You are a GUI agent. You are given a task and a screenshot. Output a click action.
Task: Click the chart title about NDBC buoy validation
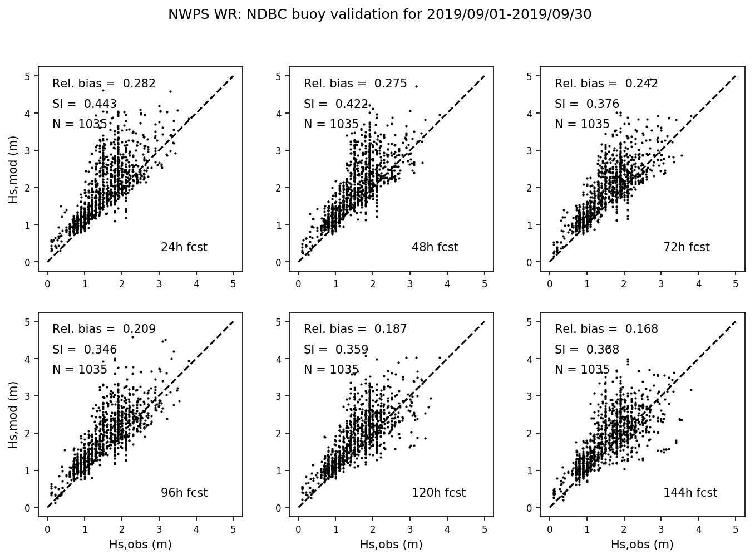379,15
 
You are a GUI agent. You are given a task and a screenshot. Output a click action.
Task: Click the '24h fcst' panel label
184,247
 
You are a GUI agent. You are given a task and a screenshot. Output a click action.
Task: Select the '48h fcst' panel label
435,247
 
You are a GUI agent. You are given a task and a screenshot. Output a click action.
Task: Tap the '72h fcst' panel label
686,247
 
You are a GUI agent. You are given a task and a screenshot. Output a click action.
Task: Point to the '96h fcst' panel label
184,493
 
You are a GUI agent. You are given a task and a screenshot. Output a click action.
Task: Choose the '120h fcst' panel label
438,493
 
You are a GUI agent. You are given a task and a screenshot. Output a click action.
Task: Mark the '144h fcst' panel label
690,493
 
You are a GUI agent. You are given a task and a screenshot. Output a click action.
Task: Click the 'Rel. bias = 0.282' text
104,84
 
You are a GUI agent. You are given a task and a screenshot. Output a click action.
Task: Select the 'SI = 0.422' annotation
336,104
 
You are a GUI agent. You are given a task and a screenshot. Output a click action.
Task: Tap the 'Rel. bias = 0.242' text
606,84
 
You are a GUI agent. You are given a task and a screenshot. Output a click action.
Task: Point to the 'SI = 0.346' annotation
85,350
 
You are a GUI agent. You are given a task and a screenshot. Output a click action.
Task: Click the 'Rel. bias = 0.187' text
356,329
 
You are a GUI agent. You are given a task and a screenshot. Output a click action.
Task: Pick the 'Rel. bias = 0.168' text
606,329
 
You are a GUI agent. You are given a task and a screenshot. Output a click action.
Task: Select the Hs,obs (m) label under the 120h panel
391,545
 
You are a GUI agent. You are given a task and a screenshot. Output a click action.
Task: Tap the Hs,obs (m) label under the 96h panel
140,545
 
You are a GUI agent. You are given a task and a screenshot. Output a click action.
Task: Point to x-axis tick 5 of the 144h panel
736,529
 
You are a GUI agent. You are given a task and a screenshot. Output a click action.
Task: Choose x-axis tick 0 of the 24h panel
47,284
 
